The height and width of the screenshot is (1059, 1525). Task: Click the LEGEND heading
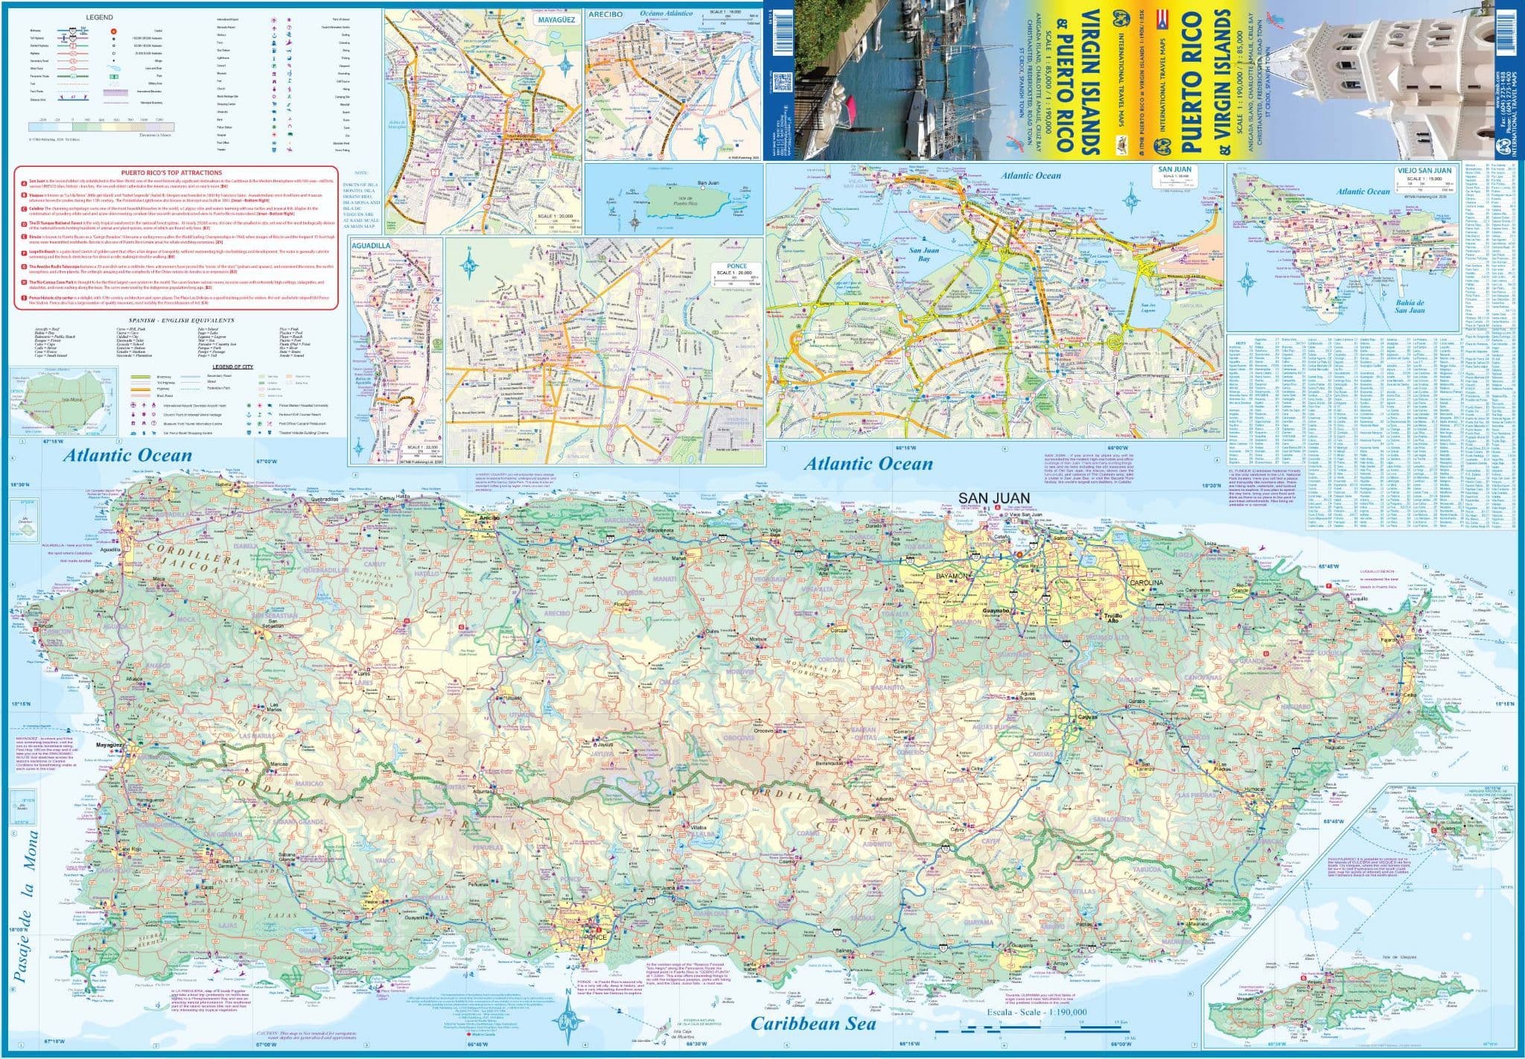99,16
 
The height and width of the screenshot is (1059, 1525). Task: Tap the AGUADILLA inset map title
410,244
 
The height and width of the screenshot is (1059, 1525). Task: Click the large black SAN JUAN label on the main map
993,498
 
